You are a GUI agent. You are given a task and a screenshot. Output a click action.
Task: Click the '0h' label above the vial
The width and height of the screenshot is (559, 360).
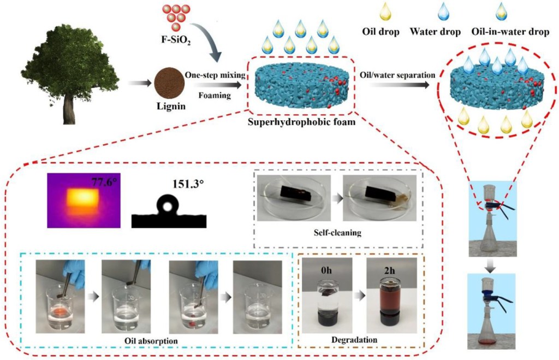pyautogui.click(x=330, y=268)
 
